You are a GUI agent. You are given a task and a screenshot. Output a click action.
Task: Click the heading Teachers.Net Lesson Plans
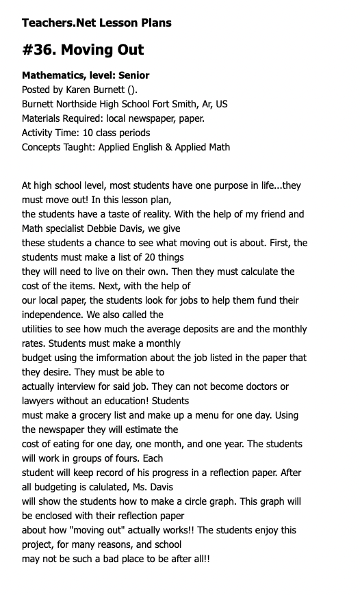point(97,23)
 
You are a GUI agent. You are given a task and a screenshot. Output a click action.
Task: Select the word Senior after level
point(133,75)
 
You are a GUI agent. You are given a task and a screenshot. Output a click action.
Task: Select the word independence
point(54,315)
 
